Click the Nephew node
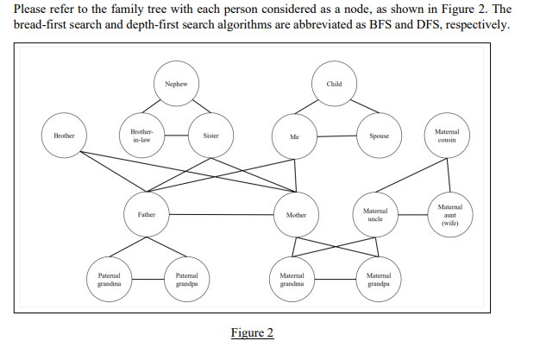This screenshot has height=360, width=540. [x=176, y=84]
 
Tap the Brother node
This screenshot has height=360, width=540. [x=64, y=136]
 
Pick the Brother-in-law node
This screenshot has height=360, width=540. [x=141, y=136]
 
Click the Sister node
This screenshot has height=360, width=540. [x=210, y=136]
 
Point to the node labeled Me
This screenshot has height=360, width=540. [x=294, y=136]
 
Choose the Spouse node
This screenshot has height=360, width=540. [x=379, y=136]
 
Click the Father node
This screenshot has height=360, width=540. [x=146, y=214]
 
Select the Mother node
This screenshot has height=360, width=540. [x=296, y=214]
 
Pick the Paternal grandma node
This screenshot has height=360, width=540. [x=109, y=278]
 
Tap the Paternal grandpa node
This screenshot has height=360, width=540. [x=187, y=278]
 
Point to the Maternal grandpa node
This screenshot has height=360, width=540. [x=379, y=278]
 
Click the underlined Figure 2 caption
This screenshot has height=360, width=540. [x=252, y=333]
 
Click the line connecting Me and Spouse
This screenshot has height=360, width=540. [x=336, y=136]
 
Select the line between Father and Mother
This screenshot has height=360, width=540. [x=221, y=214]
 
